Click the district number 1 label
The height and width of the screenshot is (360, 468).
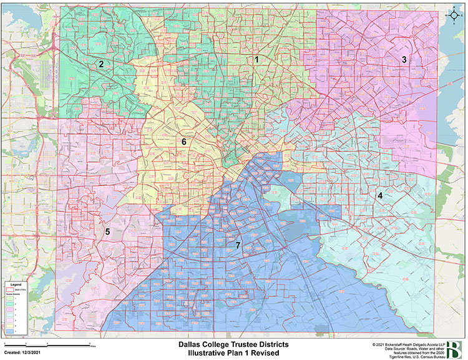click(256, 59)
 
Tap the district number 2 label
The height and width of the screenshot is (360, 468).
click(100, 64)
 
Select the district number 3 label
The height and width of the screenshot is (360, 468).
click(404, 60)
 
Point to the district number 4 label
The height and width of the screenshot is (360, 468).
click(379, 195)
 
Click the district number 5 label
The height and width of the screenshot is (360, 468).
click(107, 232)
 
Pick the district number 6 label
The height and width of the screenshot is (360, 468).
click(184, 142)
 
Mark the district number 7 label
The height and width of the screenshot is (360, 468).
click(238, 245)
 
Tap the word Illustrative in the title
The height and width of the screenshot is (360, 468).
click(208, 353)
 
